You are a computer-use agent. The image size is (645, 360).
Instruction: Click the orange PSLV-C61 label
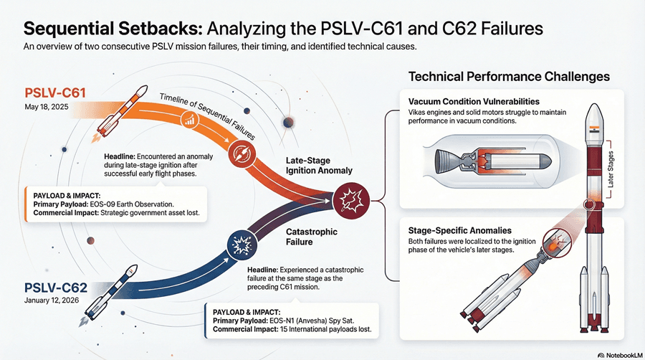click(x=55, y=93)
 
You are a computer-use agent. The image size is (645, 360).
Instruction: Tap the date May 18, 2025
click(x=47, y=107)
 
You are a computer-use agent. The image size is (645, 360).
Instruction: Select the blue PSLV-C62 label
click(x=55, y=288)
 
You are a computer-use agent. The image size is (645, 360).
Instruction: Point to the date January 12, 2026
click(x=52, y=300)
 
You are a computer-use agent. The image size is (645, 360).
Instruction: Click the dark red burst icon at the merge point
click(x=351, y=201)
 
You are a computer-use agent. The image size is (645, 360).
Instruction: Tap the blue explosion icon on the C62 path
click(x=242, y=246)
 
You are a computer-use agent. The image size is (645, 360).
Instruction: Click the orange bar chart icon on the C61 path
click(x=190, y=120)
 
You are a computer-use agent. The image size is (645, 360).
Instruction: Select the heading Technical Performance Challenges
click(x=509, y=77)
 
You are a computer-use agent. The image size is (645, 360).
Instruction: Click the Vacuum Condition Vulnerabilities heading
click(x=474, y=102)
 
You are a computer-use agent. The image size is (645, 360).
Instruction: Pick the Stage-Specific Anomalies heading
click(x=460, y=231)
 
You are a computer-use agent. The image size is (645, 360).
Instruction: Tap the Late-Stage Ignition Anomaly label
click(x=319, y=166)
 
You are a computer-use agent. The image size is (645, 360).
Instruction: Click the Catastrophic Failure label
click(x=312, y=237)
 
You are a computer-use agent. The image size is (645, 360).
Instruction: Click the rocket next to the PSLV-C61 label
click(x=119, y=113)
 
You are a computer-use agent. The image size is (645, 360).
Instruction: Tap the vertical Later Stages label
click(x=611, y=169)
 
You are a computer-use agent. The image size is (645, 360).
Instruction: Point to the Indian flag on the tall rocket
click(x=593, y=129)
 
